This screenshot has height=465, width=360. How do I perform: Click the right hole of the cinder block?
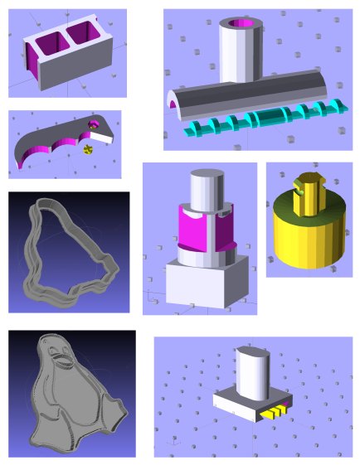pyautogui.click(x=83, y=34)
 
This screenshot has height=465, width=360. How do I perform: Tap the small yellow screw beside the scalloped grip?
pyautogui.click(x=89, y=150)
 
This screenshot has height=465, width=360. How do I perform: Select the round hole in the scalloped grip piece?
pyautogui.click(x=95, y=124)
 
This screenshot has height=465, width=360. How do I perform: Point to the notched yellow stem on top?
pyautogui.click(x=305, y=192)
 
